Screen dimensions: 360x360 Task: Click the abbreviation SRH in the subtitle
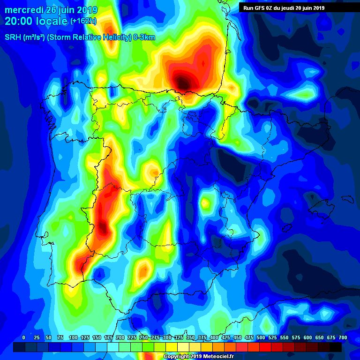click(13, 37)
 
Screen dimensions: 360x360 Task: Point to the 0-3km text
click(143, 37)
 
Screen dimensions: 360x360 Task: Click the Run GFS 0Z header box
click(284, 7)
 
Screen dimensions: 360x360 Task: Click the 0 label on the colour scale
click(23, 337)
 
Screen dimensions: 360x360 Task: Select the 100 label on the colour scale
click(73, 337)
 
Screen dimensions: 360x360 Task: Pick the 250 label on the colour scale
click(143, 337)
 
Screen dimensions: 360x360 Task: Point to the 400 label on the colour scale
click(214, 337)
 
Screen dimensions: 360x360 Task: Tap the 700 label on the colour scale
click(343, 337)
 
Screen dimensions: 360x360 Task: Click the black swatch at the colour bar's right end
click(336, 347)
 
